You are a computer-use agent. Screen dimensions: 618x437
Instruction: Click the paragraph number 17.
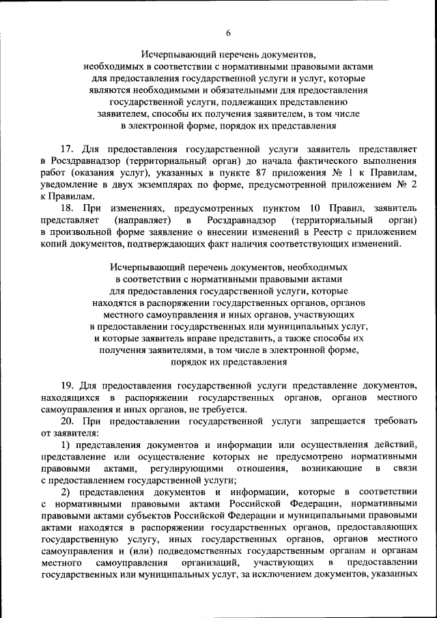[x=66, y=148]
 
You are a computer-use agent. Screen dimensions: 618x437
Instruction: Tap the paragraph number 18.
[x=66, y=208]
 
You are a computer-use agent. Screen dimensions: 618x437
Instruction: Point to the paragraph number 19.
[x=66, y=385]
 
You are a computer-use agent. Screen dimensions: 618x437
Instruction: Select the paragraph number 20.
[x=66, y=421]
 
